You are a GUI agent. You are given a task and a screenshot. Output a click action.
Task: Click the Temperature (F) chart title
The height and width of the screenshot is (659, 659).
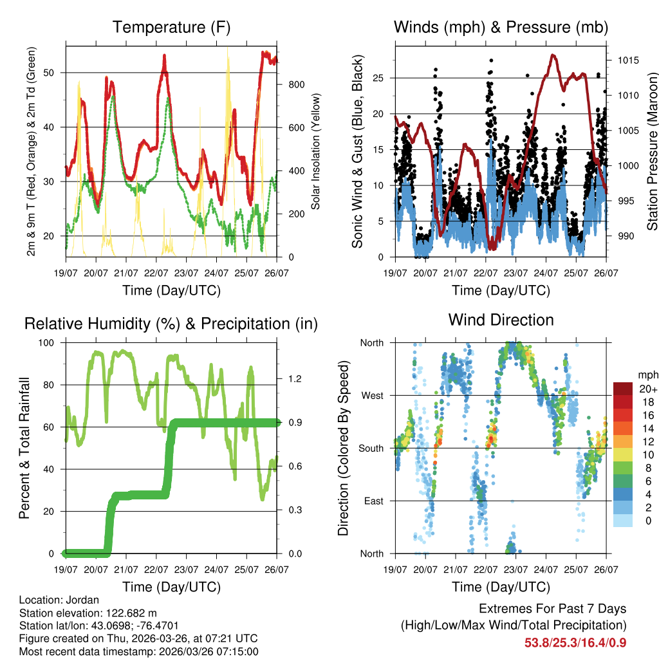tap(171, 27)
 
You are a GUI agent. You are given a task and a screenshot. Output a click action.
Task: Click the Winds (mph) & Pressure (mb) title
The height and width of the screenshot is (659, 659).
tap(501, 27)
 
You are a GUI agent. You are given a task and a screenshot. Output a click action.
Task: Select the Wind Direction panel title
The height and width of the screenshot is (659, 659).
tap(501, 319)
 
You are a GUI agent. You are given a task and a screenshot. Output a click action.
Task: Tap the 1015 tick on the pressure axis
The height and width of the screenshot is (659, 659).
tap(628, 60)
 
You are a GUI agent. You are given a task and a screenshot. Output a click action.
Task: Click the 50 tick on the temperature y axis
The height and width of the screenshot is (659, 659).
tap(56, 72)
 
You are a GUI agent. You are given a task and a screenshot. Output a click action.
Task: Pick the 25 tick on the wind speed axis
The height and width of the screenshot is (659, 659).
tap(384, 78)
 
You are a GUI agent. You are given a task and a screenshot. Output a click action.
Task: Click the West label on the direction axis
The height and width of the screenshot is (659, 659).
tap(371, 395)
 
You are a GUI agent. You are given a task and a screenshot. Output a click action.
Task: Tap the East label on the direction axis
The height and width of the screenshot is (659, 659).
tap(373, 501)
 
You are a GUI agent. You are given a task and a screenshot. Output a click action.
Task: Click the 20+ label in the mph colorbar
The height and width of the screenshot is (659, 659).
tap(647, 389)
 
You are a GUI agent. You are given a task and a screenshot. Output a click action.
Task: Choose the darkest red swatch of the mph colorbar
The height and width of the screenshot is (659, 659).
tap(623, 389)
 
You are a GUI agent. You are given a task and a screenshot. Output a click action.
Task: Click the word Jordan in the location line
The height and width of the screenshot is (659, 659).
tap(77, 599)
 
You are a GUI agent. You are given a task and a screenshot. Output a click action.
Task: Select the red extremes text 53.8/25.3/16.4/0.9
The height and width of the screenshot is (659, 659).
tap(575, 642)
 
